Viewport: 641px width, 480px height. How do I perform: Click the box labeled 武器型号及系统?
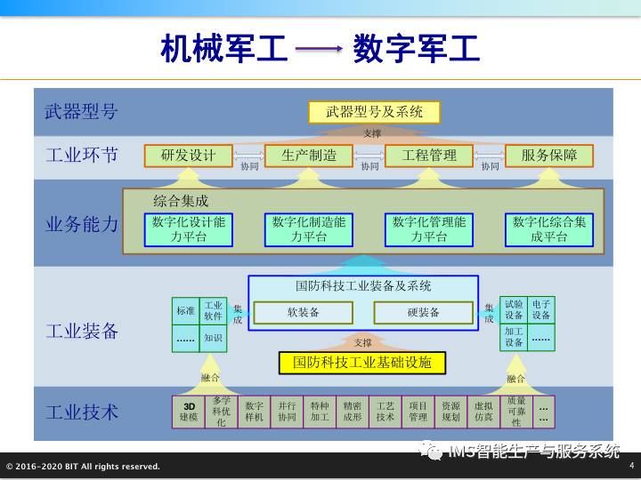pyautogui.click(x=374, y=112)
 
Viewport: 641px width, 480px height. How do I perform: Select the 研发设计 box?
pyautogui.click(x=188, y=156)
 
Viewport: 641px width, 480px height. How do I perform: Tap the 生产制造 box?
pyautogui.click(x=309, y=156)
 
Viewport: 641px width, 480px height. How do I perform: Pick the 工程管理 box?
pyautogui.click(x=429, y=156)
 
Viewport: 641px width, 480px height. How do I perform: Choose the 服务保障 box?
pyautogui.click(x=549, y=156)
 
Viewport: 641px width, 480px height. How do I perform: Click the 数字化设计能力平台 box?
pyautogui.click(x=189, y=229)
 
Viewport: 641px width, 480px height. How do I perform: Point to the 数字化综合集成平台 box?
pyautogui.click(x=549, y=229)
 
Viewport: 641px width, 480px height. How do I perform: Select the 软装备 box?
pyautogui.click(x=303, y=313)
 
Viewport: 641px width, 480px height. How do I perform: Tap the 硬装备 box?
pyautogui.click(x=424, y=313)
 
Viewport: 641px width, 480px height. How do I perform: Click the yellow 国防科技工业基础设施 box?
pyautogui.click(x=361, y=363)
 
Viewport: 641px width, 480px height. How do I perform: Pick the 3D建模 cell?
pyautogui.click(x=190, y=411)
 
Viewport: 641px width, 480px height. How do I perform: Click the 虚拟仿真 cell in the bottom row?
pyautogui.click(x=483, y=411)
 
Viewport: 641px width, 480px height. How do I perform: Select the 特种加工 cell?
pyautogui.click(x=320, y=411)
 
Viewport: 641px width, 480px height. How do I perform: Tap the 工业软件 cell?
pyautogui.click(x=214, y=310)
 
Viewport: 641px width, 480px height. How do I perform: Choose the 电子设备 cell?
pyautogui.click(x=541, y=310)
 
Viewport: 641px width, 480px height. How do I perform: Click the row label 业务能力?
pyautogui.click(x=82, y=224)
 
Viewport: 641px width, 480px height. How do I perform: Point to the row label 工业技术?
pyautogui.click(x=82, y=412)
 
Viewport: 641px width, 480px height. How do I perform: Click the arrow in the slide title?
pyautogui.click(x=320, y=51)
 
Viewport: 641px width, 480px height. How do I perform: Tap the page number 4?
pyautogui.click(x=631, y=465)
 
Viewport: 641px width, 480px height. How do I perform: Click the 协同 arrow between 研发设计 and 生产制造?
pyautogui.click(x=248, y=164)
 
